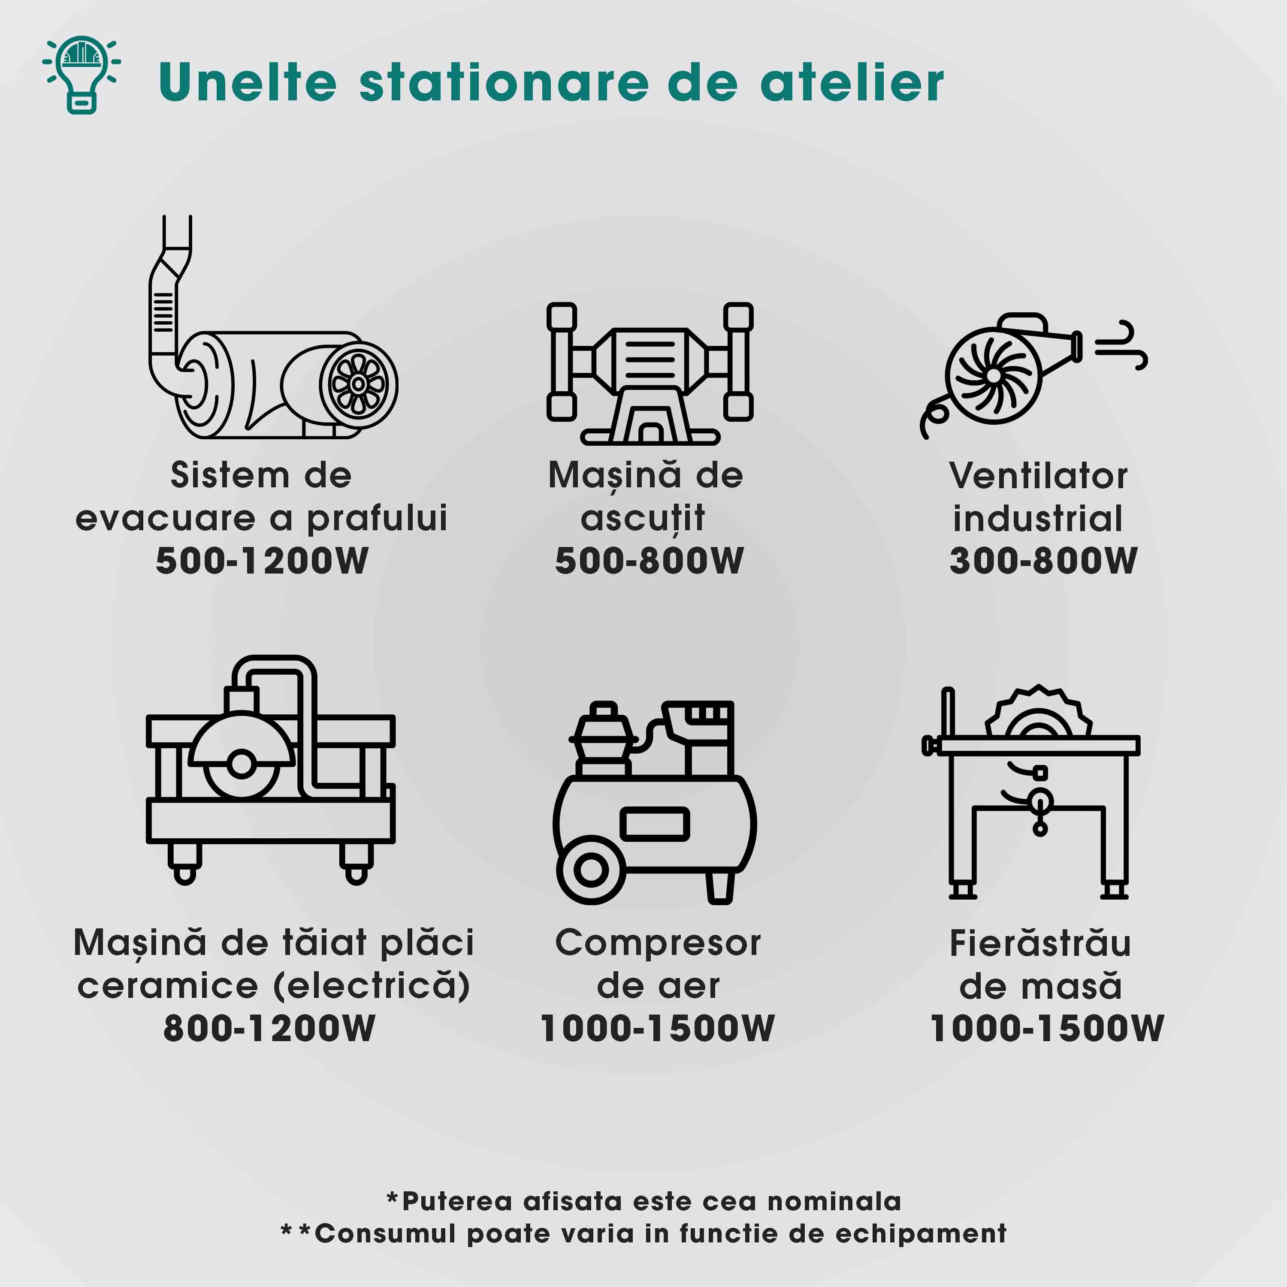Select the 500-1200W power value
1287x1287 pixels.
click(x=262, y=560)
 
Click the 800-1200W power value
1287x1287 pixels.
click(x=269, y=1028)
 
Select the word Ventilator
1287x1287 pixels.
click(x=1038, y=476)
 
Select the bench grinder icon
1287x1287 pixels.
click(x=650, y=373)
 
